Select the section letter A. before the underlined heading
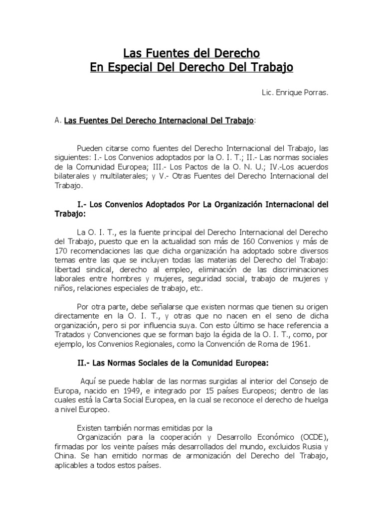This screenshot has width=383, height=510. (58, 121)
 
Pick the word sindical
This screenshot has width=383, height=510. (91, 269)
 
